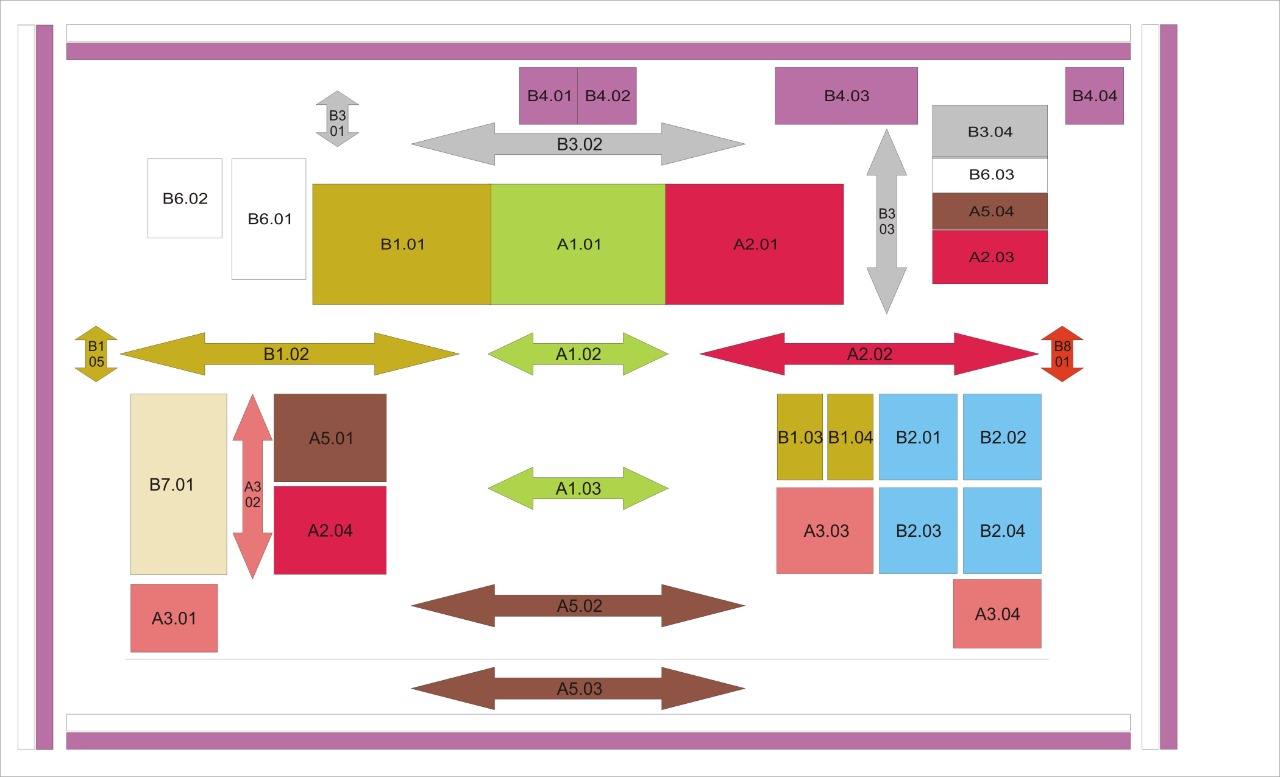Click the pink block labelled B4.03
tap(846, 96)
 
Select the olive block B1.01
tap(402, 244)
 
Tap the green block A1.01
tap(578, 244)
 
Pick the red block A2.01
tap(754, 244)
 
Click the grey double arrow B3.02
tap(578, 144)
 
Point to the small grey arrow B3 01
tap(337, 119)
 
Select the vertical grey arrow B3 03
tap(886, 221)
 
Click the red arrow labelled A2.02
tap(869, 353)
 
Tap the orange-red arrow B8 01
tap(1062, 353)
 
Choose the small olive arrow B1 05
tap(96, 353)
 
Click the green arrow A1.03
tap(578, 488)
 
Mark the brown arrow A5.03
tap(578, 688)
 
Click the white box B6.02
tap(185, 198)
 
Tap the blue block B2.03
tap(918, 530)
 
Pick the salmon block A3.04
tap(997, 613)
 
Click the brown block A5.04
tap(989, 211)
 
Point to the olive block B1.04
tap(850, 437)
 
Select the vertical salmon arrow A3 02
tap(253, 486)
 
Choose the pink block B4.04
tap(1094, 96)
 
